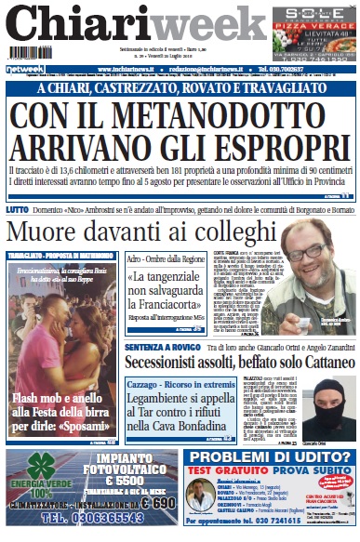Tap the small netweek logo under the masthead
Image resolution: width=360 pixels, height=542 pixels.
coord(25,69)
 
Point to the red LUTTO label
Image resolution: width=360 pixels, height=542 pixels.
coord(16,210)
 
